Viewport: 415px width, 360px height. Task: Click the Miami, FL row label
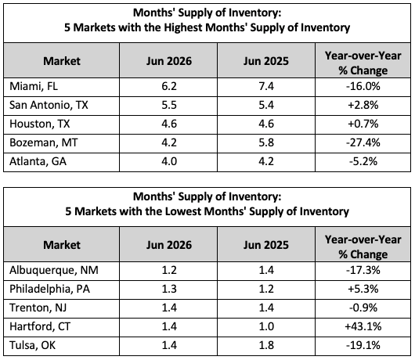tap(34, 87)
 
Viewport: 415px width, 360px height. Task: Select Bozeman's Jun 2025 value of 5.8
tap(266, 142)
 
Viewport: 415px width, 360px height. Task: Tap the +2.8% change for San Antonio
tap(363, 105)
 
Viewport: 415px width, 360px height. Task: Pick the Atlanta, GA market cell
tap(38, 161)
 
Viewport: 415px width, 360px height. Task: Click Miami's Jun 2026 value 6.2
tap(169, 87)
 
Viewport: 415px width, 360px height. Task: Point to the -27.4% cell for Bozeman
tap(363, 142)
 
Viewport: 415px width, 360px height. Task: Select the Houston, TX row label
tap(40, 124)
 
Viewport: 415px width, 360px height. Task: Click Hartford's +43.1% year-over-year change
tap(363, 326)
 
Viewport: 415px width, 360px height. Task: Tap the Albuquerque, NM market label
tap(54, 270)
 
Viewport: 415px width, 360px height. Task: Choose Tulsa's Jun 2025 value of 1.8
tap(266, 345)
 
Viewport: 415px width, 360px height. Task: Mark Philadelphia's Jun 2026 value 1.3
tap(169, 289)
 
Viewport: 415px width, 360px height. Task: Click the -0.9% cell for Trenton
tap(363, 308)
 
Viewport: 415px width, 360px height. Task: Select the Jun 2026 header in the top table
tap(169, 61)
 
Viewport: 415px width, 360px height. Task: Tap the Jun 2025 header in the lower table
tap(266, 245)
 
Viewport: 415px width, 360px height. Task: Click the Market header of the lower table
tap(62, 245)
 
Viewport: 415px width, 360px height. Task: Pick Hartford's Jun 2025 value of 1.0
tap(266, 326)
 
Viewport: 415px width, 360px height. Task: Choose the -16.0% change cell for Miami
tap(363, 87)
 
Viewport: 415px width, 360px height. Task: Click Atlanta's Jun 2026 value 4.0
tap(169, 161)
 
